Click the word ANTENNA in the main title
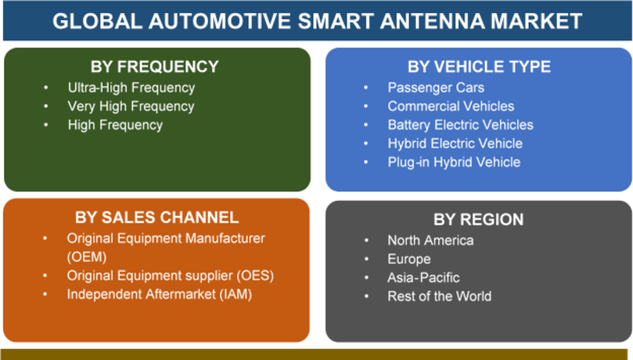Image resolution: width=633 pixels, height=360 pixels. point(431,21)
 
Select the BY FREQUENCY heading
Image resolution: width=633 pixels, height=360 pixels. point(154,66)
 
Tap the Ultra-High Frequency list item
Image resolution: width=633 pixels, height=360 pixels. point(131,88)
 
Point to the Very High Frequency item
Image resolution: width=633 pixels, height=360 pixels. point(131,106)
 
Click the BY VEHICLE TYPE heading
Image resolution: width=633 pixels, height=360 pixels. point(479,66)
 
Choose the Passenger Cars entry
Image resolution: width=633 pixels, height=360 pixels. point(436,88)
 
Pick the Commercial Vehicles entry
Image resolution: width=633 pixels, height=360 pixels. point(451,106)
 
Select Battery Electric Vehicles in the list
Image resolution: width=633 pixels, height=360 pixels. point(461,125)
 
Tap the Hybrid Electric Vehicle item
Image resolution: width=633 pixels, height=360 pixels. point(455,144)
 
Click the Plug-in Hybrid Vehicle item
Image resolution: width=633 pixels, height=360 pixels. point(454,162)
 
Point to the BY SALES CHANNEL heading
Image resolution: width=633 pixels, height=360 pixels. point(157,218)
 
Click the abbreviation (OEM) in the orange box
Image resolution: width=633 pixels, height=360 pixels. point(87,257)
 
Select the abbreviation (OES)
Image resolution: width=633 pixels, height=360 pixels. point(255,275)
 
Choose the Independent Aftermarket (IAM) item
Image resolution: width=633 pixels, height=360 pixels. point(160,294)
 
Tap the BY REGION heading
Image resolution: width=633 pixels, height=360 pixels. point(479,219)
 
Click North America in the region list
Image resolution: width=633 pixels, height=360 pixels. point(430,241)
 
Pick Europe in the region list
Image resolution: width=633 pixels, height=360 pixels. point(409,259)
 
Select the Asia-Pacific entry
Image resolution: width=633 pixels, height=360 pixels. point(423,278)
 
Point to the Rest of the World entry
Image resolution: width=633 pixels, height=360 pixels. point(440,296)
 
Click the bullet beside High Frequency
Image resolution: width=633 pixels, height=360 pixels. point(46,125)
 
